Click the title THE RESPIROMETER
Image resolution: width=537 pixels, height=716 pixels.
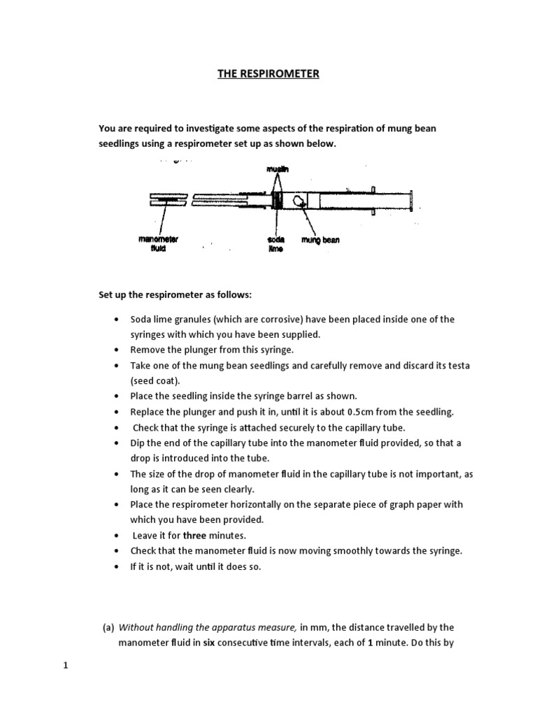point(268,73)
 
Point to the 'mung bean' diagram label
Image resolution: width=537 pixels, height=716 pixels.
point(320,240)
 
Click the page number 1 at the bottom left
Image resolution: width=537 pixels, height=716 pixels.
point(66,665)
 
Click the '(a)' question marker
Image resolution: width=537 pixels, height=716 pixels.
point(109,627)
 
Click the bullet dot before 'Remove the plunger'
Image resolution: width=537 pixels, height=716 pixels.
point(115,350)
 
